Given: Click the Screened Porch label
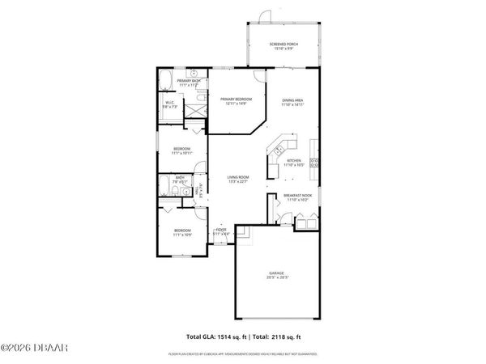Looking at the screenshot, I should click(x=283, y=45).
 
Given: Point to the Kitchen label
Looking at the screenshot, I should click(x=294, y=160).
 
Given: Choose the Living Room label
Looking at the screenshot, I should click(x=237, y=177).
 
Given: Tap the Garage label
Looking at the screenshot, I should click(x=277, y=273).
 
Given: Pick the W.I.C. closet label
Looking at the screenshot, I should click(x=171, y=103).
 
